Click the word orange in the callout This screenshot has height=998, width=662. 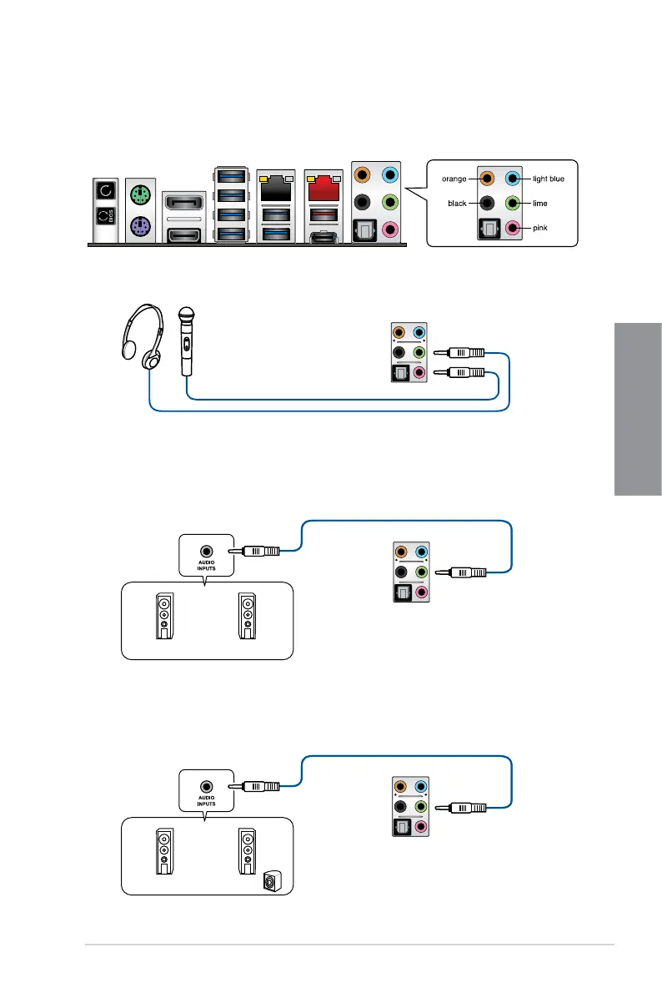tap(454, 179)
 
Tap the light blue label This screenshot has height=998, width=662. tap(548, 179)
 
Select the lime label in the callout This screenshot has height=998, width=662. tap(540, 204)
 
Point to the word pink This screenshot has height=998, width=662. tap(540, 228)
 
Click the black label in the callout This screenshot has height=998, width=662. tap(457, 204)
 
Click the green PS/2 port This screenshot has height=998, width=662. tap(140, 194)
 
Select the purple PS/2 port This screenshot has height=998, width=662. tap(140, 226)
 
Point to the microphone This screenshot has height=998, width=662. tap(186, 341)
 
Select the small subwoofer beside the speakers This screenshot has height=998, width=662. tap(272, 881)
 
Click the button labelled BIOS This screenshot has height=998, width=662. tap(106, 216)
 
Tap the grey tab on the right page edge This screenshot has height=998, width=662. tap(638, 409)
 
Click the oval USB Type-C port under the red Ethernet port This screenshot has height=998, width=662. tap(323, 238)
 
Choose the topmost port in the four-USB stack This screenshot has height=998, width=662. tap(231, 176)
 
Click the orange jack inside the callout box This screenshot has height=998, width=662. tap(487, 179)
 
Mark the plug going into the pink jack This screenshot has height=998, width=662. tap(459, 372)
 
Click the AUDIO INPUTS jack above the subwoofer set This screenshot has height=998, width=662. tap(206, 787)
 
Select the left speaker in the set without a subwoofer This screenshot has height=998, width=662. tap(165, 616)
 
